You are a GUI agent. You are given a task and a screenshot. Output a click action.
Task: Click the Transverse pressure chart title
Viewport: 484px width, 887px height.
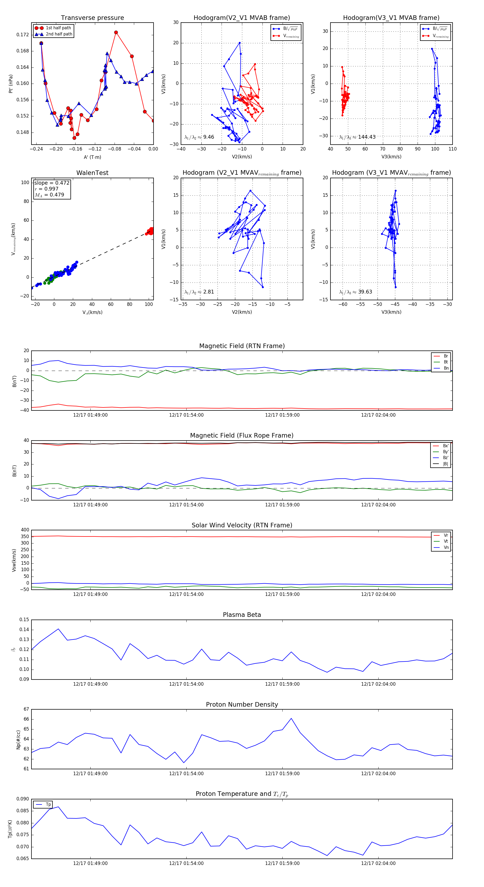click(92, 18)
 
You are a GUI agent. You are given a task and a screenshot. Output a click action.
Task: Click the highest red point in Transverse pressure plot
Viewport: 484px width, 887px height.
click(116, 32)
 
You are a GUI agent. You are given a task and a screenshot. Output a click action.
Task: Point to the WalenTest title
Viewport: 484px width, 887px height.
click(92, 173)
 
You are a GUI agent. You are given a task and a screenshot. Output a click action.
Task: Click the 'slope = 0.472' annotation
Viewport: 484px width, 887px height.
click(52, 183)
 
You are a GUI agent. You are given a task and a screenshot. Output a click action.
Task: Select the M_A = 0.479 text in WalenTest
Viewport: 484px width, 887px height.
click(49, 195)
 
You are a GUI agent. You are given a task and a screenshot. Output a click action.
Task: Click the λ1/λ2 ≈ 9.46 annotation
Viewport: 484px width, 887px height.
click(199, 137)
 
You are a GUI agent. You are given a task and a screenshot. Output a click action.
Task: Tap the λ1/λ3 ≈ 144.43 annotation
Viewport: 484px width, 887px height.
click(357, 137)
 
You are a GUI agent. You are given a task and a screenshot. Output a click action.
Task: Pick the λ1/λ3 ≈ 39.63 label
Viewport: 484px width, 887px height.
click(355, 292)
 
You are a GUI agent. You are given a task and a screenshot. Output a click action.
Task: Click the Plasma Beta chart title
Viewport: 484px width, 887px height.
click(242, 615)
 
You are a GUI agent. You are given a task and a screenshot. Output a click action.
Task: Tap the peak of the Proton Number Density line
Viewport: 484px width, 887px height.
click(291, 718)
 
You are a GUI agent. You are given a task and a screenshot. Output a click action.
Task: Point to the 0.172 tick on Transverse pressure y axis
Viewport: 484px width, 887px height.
click(23, 35)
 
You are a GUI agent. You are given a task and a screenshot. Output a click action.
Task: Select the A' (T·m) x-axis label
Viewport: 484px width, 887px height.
click(92, 157)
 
